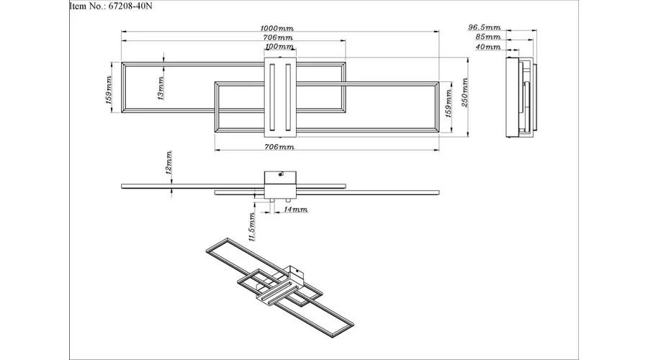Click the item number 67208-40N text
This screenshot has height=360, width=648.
coord(111,6)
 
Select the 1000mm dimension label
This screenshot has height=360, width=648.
coord(277,28)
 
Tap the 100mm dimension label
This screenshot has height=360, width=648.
coord(279,46)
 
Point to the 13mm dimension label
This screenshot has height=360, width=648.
coord(161,88)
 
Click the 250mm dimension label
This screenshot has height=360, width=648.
coord(464,92)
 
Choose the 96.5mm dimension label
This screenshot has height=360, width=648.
coord(485,27)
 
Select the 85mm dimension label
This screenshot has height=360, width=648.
coord(488,37)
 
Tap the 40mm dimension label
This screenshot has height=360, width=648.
coord(488,47)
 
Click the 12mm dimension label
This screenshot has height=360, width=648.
coord(168,163)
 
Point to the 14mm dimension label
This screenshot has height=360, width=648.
coord(296,210)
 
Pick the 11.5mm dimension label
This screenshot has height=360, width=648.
coord(252,226)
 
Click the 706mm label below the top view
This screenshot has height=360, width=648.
coord(279,147)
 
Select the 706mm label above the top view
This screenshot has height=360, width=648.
coord(278,37)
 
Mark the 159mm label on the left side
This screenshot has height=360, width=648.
coord(109,89)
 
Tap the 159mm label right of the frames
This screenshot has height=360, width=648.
coord(449,104)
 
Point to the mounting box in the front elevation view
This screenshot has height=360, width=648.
coord(280,184)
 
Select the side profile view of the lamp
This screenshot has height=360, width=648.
coord(521,97)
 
